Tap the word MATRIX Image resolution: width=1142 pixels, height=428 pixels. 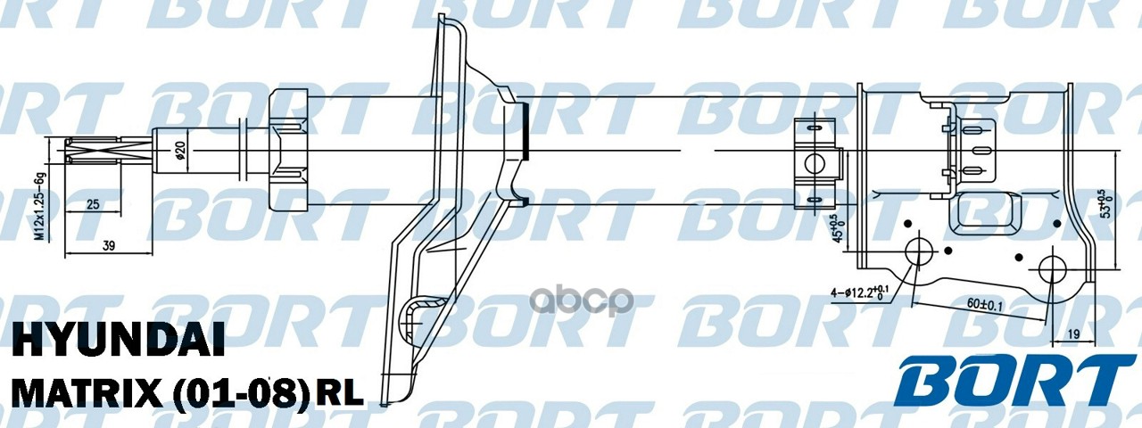tap(82, 392)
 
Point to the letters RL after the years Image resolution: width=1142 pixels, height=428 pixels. tap(341, 393)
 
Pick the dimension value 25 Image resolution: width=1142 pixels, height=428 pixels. tap(93, 205)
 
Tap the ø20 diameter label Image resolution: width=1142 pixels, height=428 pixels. tap(180, 152)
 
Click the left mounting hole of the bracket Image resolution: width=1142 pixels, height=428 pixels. tap(919, 252)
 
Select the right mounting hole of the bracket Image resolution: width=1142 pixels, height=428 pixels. tap(1054, 269)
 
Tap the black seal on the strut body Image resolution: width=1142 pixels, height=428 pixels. tap(525, 128)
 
